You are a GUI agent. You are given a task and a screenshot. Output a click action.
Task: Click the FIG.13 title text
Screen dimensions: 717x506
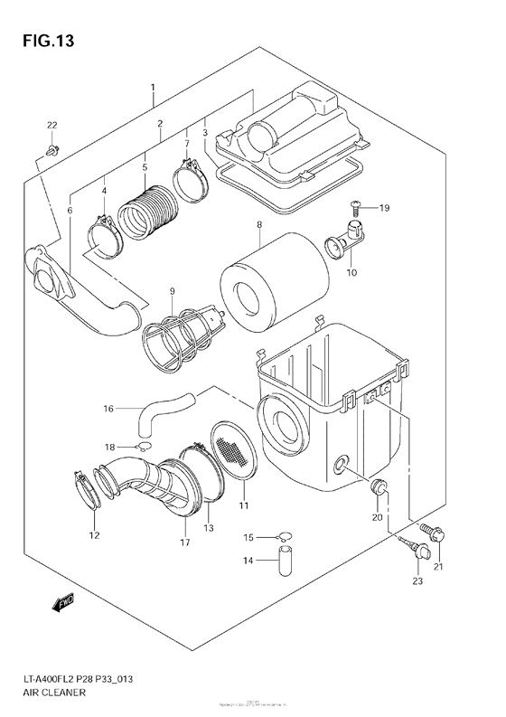(42, 41)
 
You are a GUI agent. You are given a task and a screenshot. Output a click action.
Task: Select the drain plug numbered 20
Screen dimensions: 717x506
(380, 489)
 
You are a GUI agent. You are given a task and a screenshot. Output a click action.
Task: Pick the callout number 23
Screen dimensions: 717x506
(417, 580)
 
